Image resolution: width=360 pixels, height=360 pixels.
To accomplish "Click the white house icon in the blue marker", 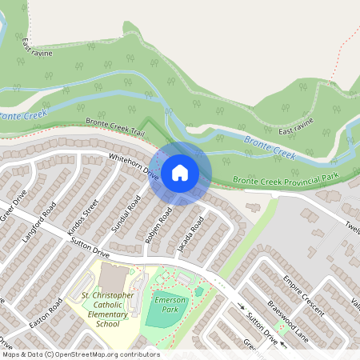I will coord(180,172).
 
